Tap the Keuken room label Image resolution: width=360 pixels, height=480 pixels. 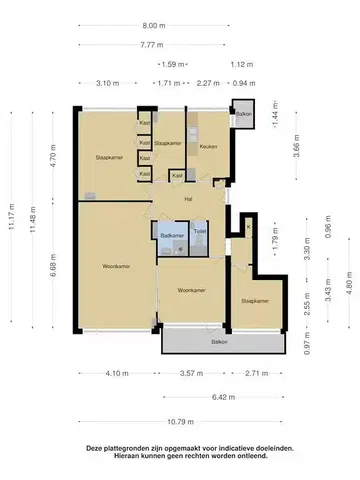coord(208,147)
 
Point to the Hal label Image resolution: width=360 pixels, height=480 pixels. coord(187,199)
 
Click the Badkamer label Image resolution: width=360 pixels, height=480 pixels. coord(171,234)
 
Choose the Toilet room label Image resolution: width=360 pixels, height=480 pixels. coord(200,232)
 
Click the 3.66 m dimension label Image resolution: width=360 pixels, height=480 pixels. coord(296,150)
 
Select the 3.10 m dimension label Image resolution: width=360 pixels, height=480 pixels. coord(106,83)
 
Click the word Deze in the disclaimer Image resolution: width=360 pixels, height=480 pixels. coord(95,449)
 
